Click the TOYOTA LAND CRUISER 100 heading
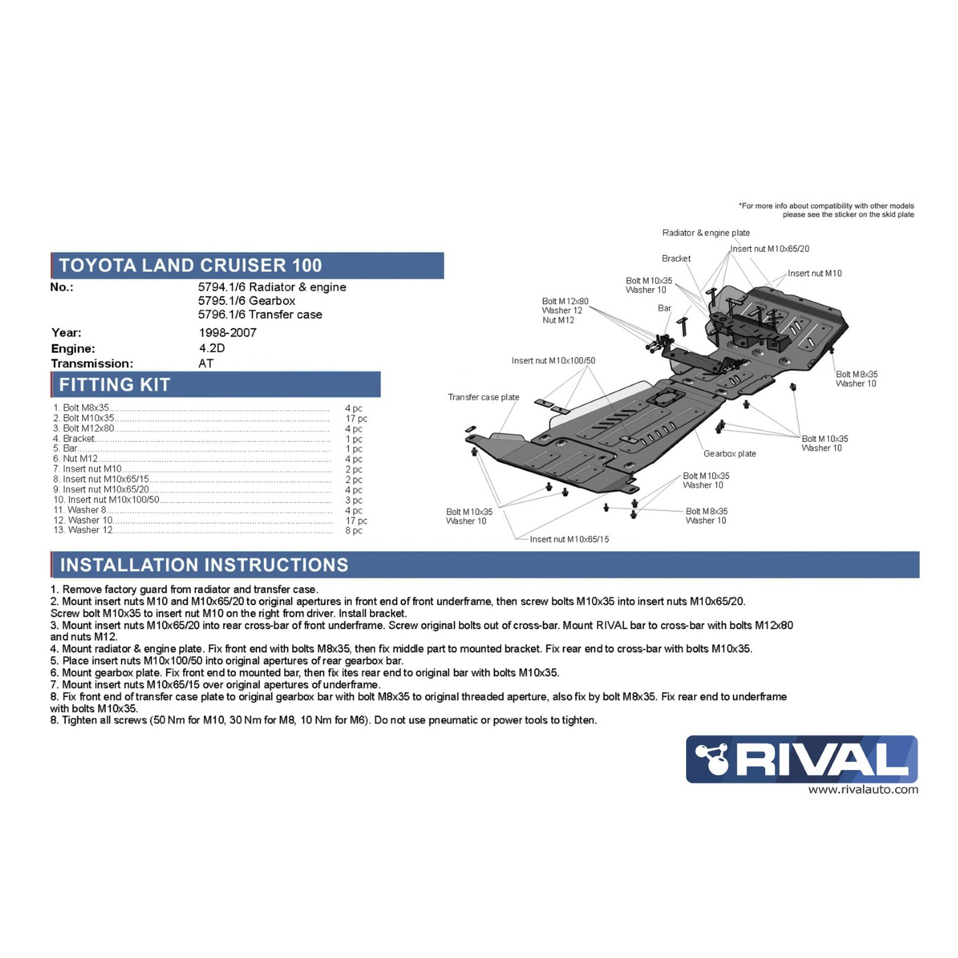pyautogui.click(x=190, y=265)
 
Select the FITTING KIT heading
pyautogui.click(x=115, y=384)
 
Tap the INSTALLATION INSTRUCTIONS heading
pyautogui.click(x=204, y=565)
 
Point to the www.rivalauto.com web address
pyautogui.click(x=863, y=790)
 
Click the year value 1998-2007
pyautogui.click(x=228, y=332)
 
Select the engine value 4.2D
pyautogui.click(x=212, y=348)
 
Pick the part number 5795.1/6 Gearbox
pyautogui.click(x=247, y=301)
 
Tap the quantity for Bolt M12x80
pyautogui.click(x=353, y=429)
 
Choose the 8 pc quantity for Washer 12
pyautogui.click(x=353, y=530)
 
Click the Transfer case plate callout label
pyautogui.click(x=483, y=397)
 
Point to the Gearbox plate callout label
pyautogui.click(x=729, y=454)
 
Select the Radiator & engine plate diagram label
pyautogui.click(x=705, y=233)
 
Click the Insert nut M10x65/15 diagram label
pyautogui.click(x=569, y=539)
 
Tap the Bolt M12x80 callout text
pyautogui.click(x=565, y=301)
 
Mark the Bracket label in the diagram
pyautogui.click(x=676, y=259)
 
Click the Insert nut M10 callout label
pyautogui.click(x=814, y=273)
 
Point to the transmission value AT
pyautogui.click(x=206, y=363)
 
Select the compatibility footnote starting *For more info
pyautogui.click(x=826, y=210)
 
